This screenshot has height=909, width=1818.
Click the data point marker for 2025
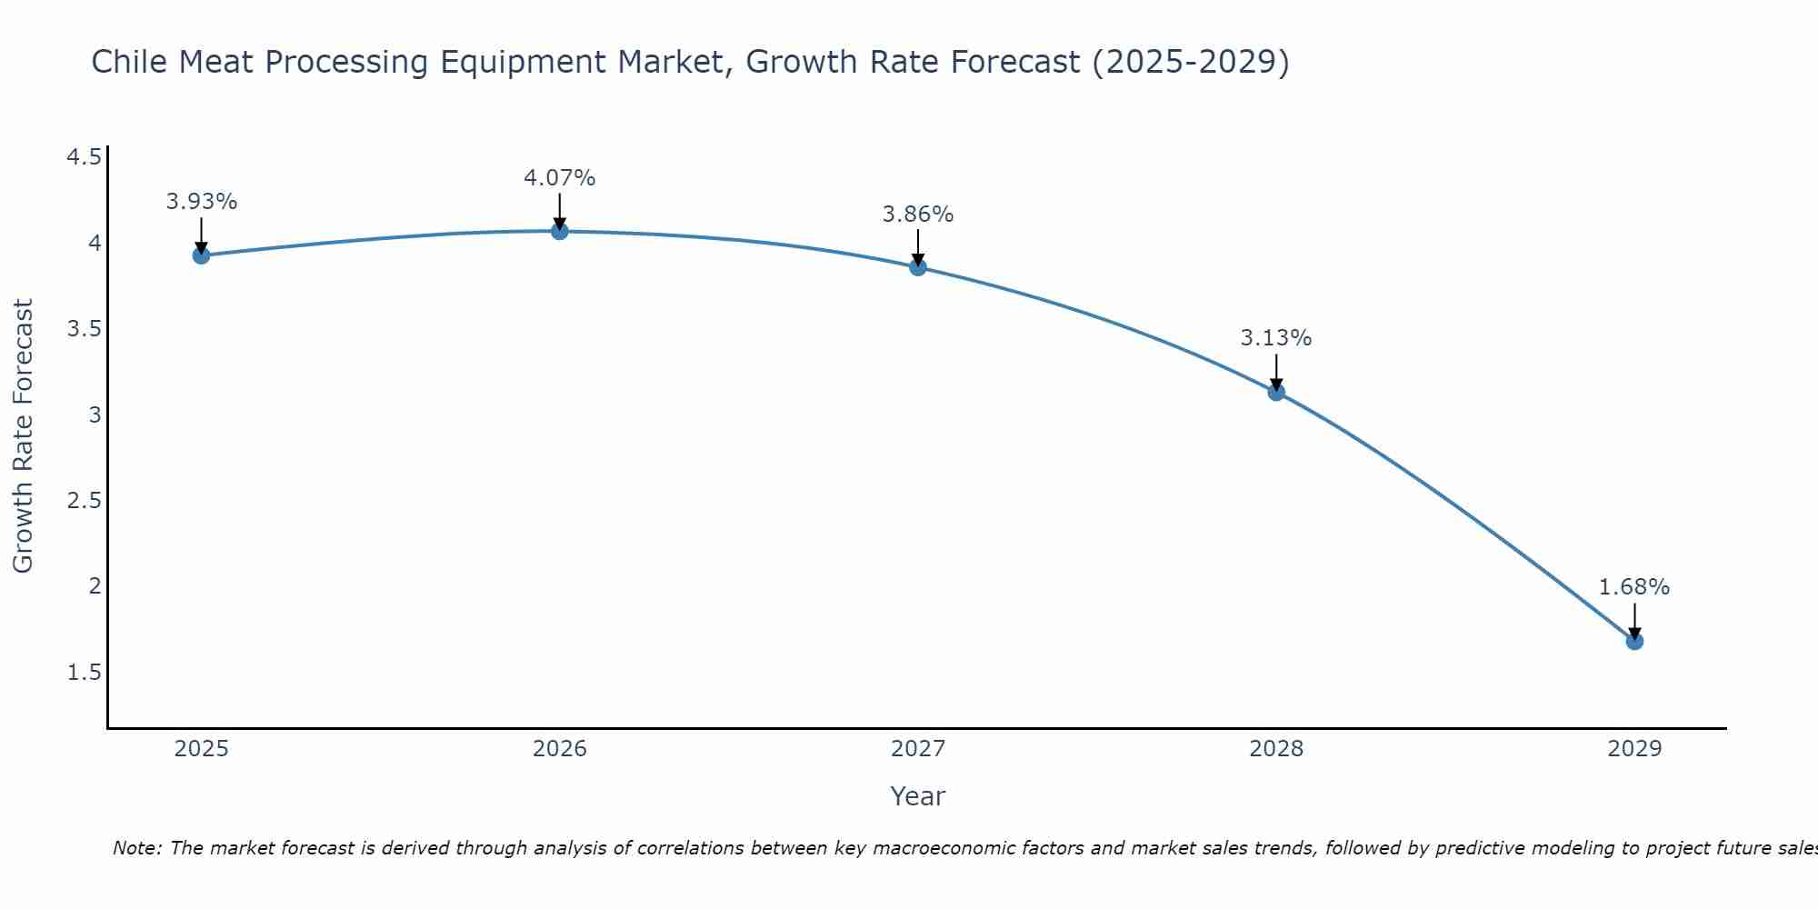tap(202, 255)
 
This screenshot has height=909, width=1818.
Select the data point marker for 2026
tap(560, 232)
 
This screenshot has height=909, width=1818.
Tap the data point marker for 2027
tap(918, 267)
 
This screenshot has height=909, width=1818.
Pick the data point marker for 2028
tap(1276, 393)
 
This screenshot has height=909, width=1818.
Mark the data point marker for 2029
tap(1634, 642)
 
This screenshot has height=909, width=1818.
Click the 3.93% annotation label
tap(202, 202)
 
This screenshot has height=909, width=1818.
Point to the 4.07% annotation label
tap(560, 178)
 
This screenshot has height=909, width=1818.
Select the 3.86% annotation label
tap(918, 215)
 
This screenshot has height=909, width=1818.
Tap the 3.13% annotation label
tap(1276, 338)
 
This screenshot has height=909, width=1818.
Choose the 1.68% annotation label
tap(1634, 587)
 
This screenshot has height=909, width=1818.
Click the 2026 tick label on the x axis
tap(560, 749)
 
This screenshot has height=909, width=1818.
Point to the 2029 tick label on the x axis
tap(1634, 749)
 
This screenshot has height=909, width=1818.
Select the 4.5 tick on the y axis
tap(84, 158)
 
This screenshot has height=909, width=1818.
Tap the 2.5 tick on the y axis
tap(84, 501)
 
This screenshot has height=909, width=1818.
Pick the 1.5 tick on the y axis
tap(84, 673)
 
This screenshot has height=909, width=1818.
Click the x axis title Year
tap(918, 796)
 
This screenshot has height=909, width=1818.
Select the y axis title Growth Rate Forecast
tap(24, 436)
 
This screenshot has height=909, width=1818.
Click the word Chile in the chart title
tap(129, 63)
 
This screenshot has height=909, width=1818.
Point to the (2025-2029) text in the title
tap(1191, 63)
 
